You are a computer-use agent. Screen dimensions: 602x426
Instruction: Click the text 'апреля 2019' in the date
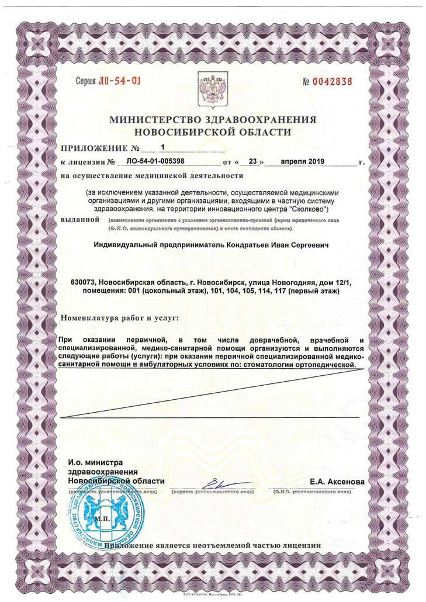pyautogui.click(x=303, y=160)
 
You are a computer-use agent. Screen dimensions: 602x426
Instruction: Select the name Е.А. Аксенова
pyautogui.click(x=337, y=482)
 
